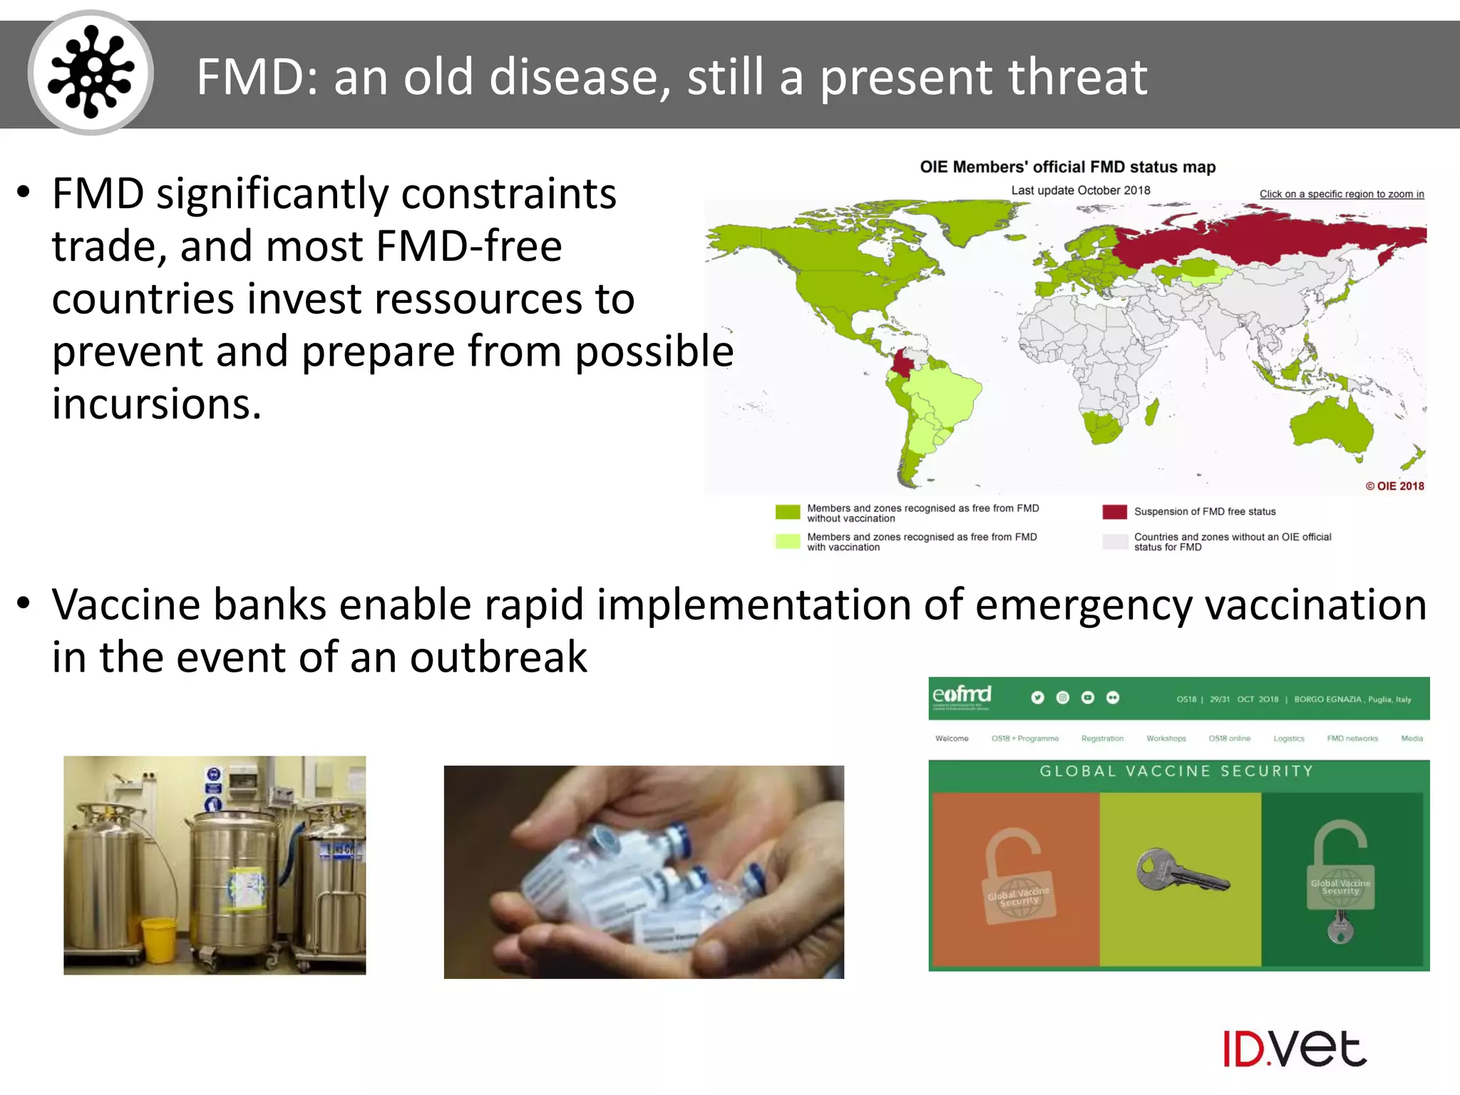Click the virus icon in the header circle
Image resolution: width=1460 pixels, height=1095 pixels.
tap(91, 73)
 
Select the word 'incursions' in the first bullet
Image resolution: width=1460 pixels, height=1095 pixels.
tap(156, 403)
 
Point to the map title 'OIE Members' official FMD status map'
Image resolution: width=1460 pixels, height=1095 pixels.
tap(1067, 167)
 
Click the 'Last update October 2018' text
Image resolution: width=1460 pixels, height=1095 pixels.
tap(1080, 190)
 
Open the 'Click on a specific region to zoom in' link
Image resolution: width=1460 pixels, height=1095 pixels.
tap(1341, 194)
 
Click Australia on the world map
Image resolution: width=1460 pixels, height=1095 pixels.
tap(1330, 428)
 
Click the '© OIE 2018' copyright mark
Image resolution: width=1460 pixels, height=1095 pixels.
tap(1394, 486)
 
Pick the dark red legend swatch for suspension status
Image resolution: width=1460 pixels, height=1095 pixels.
tap(1114, 512)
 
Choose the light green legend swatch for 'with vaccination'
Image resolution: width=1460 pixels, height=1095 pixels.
tap(788, 541)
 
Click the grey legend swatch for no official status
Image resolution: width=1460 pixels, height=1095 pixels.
tap(1114, 541)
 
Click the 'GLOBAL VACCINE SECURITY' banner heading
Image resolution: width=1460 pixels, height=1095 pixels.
tap(1176, 771)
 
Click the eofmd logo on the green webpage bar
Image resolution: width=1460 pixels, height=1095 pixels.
tap(962, 695)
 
